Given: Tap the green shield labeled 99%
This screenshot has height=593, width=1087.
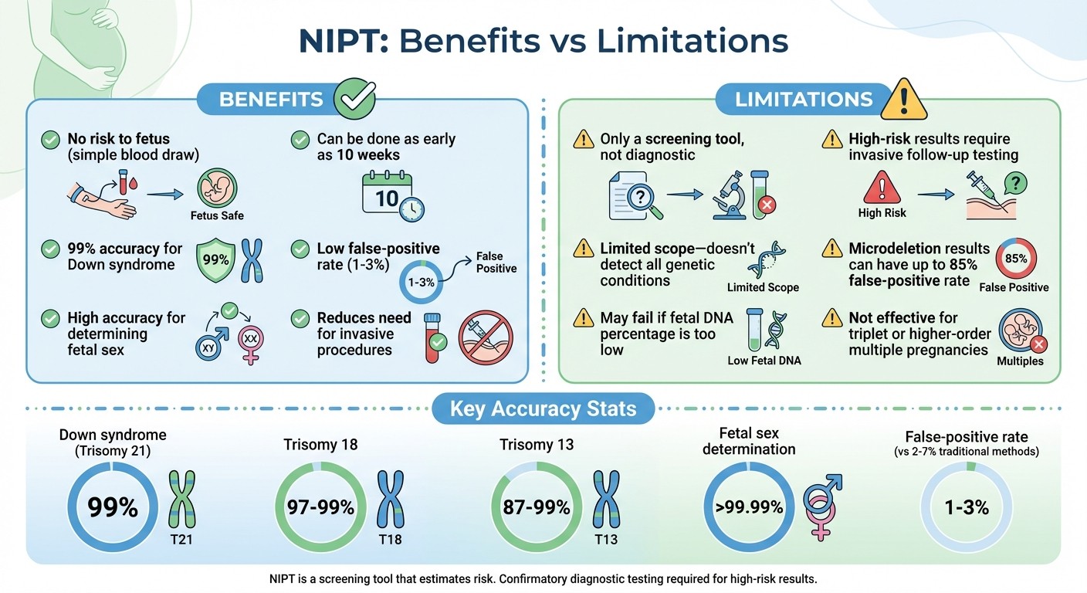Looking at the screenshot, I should pyautogui.click(x=215, y=259).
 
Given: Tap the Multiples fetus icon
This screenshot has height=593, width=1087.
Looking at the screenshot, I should pyautogui.click(x=1019, y=331).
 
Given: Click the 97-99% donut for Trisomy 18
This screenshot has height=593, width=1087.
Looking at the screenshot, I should pyautogui.click(x=320, y=507).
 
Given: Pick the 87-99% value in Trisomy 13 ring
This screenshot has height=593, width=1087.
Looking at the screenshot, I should pyautogui.click(x=537, y=507).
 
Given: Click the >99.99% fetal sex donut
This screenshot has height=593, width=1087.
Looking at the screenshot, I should pyautogui.click(x=748, y=507).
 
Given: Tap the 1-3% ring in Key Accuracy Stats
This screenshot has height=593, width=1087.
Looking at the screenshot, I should pyautogui.click(x=966, y=507).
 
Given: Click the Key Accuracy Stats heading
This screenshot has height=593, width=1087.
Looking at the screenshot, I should pyautogui.click(x=543, y=408).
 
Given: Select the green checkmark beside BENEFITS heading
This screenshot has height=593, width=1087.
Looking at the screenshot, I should pyautogui.click(x=354, y=99).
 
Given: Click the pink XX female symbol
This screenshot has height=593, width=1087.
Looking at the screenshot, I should pyautogui.click(x=249, y=341).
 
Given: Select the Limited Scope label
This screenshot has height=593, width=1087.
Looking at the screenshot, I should pyautogui.click(x=763, y=287).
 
